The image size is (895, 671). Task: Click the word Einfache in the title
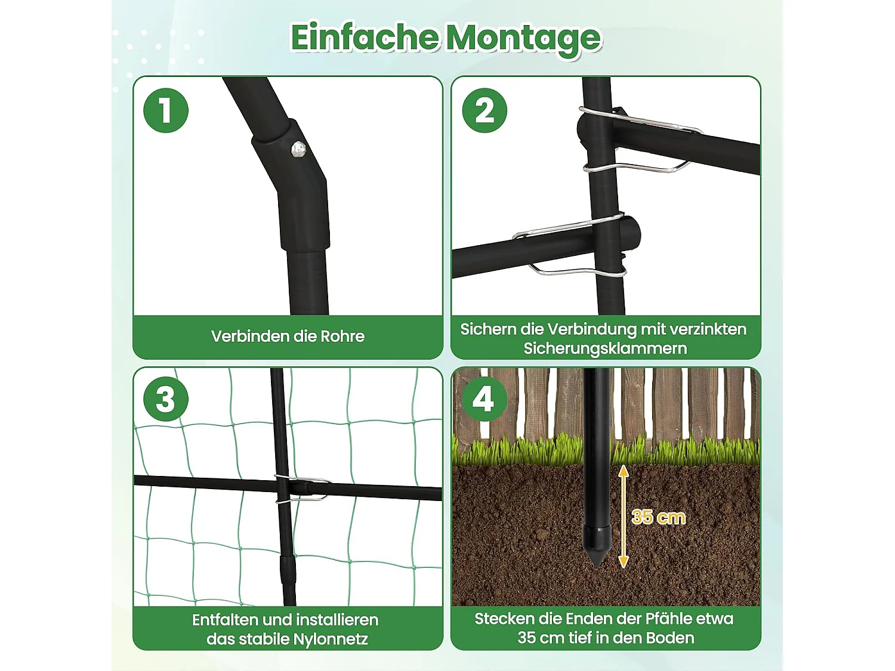[365, 38]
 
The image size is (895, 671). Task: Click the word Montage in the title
[524, 40]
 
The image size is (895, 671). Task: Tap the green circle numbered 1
[165, 110]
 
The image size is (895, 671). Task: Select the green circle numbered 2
[484, 110]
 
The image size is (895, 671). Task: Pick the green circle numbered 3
[165, 398]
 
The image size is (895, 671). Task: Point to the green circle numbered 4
[484, 398]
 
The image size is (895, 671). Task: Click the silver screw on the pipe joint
[299, 150]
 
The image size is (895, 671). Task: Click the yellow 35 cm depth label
[658, 517]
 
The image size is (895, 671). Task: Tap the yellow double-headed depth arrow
[623, 517]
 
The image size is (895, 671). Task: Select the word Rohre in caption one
[342, 336]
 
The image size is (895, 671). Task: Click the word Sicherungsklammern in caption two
[605, 349]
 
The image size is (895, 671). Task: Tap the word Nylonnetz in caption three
[331, 639]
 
